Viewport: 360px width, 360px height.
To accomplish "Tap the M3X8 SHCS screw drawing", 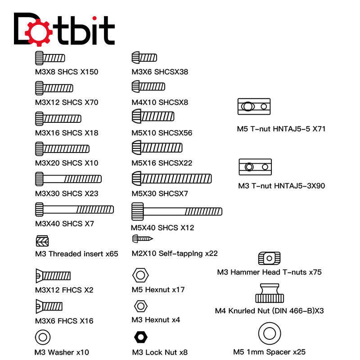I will click(x=50, y=58).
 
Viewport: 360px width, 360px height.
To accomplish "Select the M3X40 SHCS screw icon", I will click(x=74, y=209).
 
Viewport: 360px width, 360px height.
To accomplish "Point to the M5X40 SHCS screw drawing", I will click(x=177, y=211).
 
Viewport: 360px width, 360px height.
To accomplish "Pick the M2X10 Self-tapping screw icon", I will click(x=143, y=238).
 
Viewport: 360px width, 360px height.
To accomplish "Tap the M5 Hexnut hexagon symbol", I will click(x=140, y=274).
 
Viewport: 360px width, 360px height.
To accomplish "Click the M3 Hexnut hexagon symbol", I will click(x=140, y=306).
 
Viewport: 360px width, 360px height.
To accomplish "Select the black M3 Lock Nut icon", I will click(x=141, y=337).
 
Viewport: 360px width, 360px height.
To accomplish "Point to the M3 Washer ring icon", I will click(x=42, y=336).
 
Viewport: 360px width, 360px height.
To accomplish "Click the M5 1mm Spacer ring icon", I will click(x=269, y=333).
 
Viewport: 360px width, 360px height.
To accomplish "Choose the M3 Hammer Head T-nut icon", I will click(x=269, y=258).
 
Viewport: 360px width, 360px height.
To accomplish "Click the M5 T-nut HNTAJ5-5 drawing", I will click(x=254, y=107).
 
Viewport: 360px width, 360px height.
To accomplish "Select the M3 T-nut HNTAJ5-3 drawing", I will click(x=255, y=167).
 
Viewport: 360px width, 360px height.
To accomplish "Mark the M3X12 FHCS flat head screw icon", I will click(x=53, y=275).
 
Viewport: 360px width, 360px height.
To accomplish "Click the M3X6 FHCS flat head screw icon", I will click(x=49, y=306).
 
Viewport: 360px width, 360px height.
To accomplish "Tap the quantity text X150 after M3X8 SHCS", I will click(x=89, y=72).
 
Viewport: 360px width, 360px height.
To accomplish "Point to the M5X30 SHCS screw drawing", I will click(x=171, y=179).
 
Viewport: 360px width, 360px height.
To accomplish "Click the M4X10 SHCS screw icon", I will click(x=148, y=86).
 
